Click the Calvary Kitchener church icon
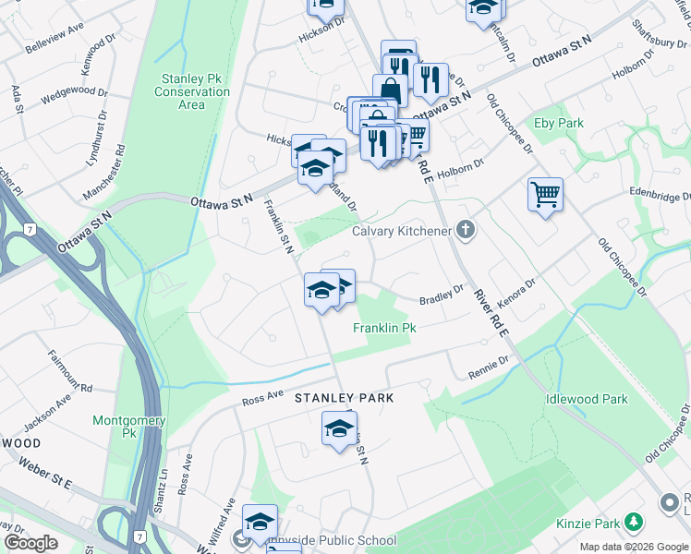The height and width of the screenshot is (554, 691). coord(466,231)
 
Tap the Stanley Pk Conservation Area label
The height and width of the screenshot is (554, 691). coord(191,91)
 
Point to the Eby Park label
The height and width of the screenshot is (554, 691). coord(558,123)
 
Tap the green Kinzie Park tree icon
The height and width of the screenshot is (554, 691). coord(633,524)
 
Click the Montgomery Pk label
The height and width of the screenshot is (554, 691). coord(129,426)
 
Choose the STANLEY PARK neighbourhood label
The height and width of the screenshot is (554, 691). coord(345,398)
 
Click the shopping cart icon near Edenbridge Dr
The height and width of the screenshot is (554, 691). coord(545,195)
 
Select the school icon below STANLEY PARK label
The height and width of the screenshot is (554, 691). coord(339,428)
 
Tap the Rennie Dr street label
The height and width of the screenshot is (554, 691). coord(489,368)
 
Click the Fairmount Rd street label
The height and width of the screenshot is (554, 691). coord(73,376)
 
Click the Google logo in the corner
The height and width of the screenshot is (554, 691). coord(30,543)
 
